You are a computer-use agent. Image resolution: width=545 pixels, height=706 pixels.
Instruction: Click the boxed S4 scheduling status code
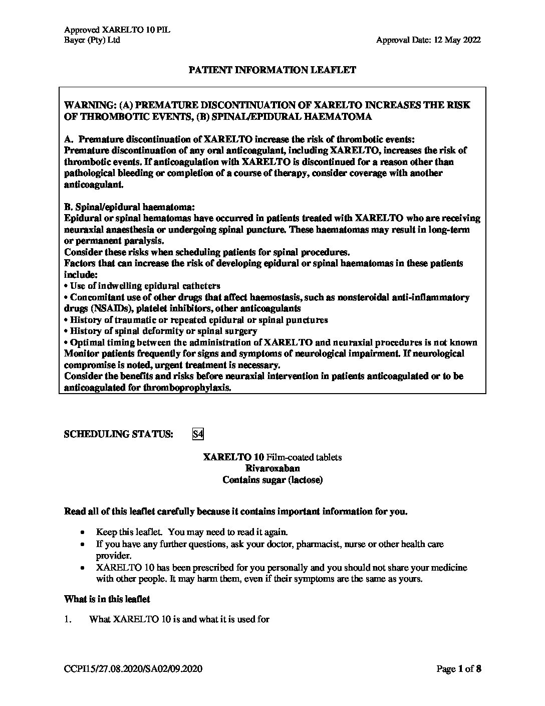click(198, 434)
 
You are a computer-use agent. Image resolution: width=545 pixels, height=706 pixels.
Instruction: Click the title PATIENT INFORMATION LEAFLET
click(272, 70)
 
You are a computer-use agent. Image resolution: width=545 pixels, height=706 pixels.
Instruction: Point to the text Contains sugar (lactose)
click(272, 480)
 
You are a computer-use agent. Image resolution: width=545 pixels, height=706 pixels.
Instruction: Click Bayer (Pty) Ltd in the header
click(92, 40)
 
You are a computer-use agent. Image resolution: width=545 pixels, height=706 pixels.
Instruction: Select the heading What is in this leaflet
click(107, 599)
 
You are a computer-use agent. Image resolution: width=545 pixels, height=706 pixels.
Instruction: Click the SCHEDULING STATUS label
click(119, 434)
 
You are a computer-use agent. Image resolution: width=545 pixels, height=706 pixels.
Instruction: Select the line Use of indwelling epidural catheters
click(145, 286)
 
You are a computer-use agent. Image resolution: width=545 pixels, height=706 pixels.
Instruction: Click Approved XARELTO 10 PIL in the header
click(117, 30)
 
